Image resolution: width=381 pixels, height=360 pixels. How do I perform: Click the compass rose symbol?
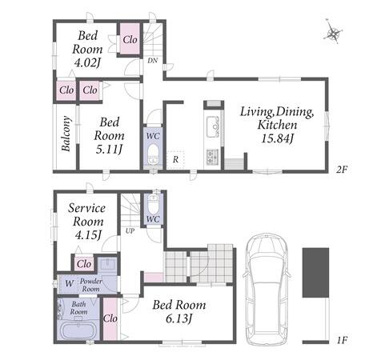[x=333, y=32]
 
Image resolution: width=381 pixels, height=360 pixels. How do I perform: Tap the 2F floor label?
[x=342, y=170]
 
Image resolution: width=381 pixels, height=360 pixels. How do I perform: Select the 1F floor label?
[x=342, y=340]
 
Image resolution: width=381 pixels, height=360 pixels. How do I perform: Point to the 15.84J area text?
[x=278, y=138]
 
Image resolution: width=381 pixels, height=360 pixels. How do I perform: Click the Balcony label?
[x=66, y=134]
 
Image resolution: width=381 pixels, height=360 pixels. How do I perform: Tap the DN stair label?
[x=153, y=61]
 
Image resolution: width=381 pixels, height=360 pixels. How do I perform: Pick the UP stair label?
[x=130, y=231]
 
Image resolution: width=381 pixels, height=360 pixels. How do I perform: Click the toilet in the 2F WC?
[x=153, y=154]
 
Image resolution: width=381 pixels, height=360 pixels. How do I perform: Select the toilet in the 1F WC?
[x=153, y=202]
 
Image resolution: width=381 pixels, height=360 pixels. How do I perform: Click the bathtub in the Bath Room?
[x=78, y=330]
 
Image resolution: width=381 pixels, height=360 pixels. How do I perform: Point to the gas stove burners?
[x=212, y=157]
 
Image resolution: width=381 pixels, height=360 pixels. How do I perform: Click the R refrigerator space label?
[x=175, y=159]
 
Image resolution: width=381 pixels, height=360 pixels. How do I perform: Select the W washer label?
[x=69, y=283]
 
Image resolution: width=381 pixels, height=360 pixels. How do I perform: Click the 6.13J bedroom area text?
[x=178, y=318]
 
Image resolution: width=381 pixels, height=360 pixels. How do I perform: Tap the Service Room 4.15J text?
[x=87, y=222]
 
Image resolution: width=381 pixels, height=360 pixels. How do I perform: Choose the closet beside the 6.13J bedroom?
[x=110, y=318]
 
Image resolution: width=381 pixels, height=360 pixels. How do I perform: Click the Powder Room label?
[x=91, y=285]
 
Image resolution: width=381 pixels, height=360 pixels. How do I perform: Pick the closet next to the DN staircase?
[x=130, y=39]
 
